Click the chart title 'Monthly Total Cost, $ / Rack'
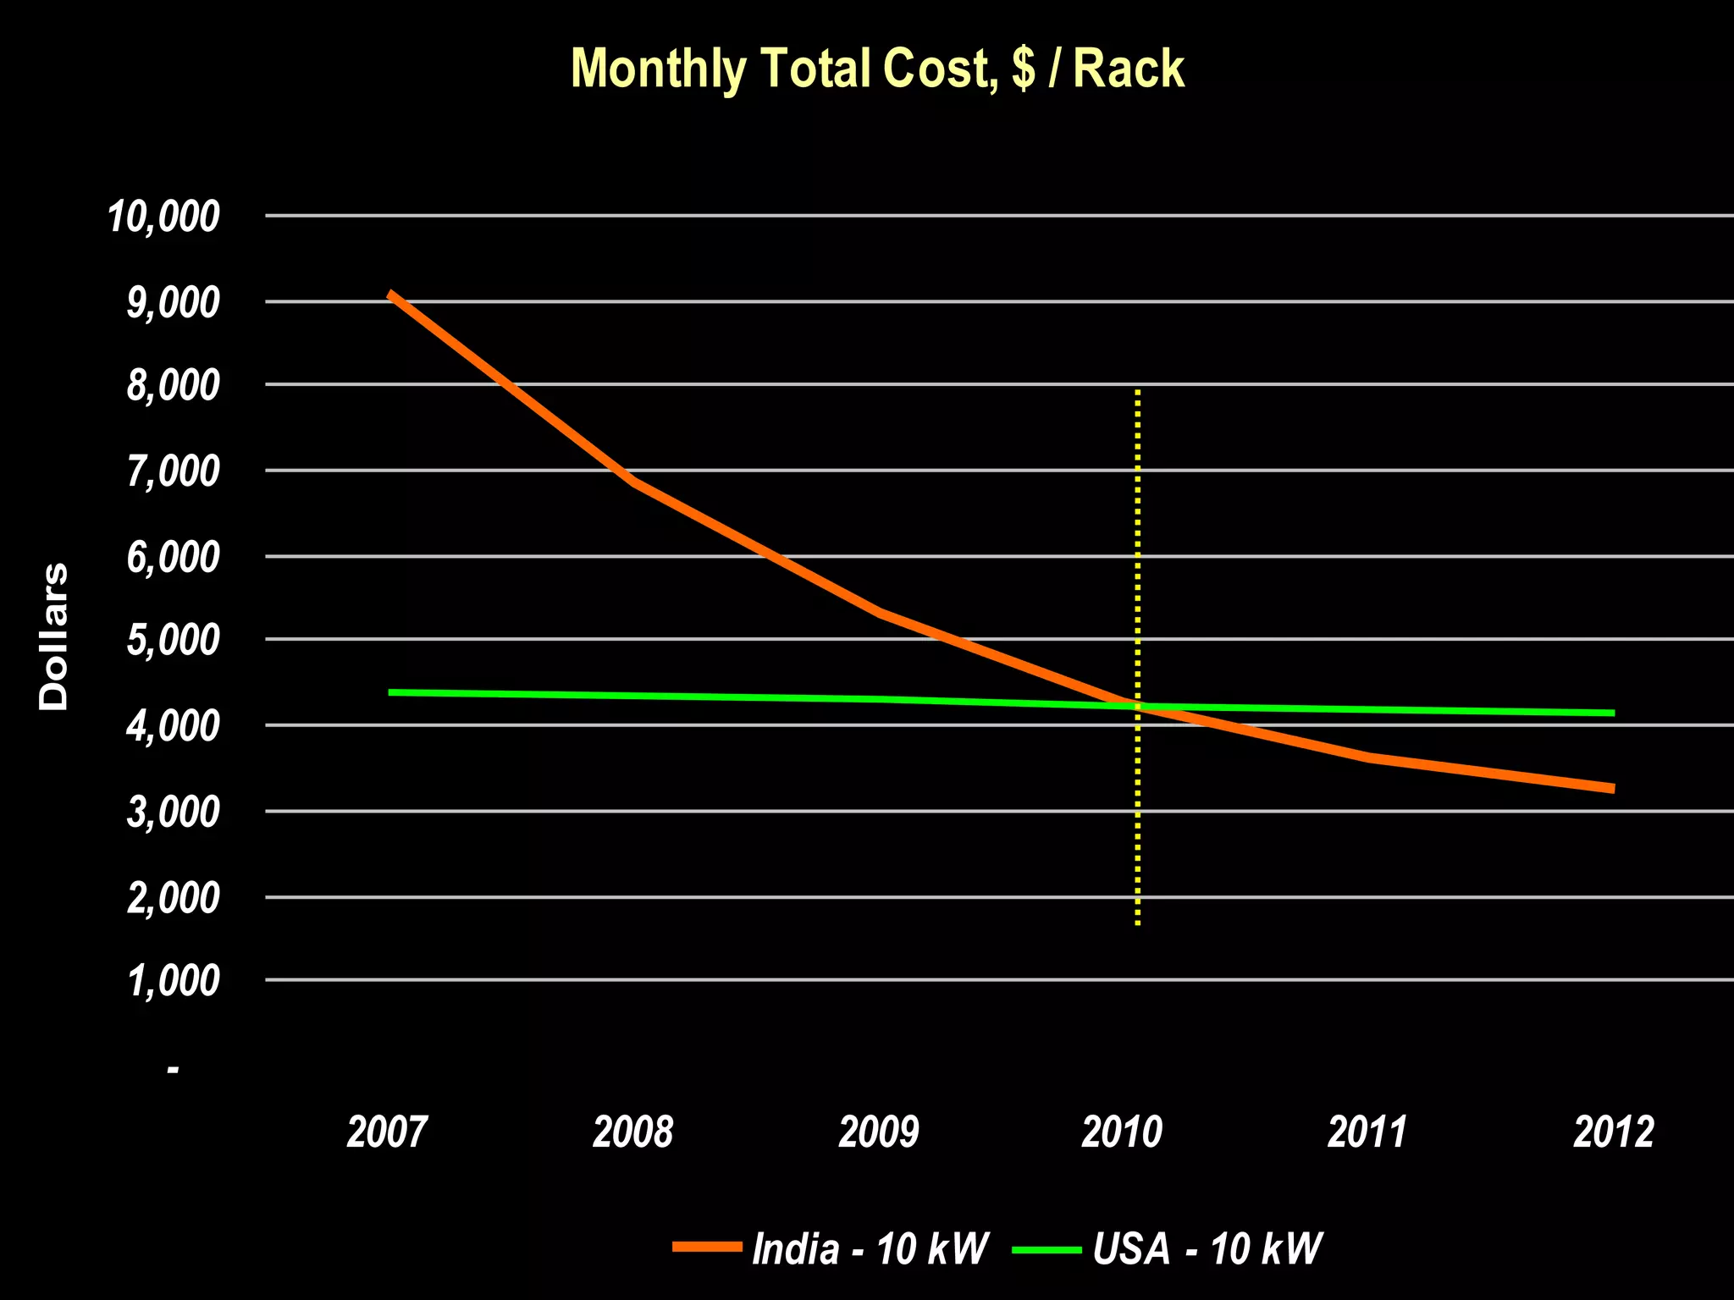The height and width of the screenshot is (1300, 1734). point(877,69)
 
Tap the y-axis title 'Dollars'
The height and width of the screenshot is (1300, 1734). point(54,636)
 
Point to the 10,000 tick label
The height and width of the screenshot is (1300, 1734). point(163,217)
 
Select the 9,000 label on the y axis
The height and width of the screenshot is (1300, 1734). point(173,302)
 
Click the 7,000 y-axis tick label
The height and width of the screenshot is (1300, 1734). point(173,471)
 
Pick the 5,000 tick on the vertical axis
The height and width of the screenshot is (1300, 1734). point(173,641)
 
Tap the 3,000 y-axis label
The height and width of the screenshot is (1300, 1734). point(173,812)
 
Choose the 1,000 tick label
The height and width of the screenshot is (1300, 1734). point(173,982)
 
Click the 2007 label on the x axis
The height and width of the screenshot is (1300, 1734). point(388,1132)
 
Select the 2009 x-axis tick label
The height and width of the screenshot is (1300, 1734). point(878,1132)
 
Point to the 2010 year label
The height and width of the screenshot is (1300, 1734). point(1123,1132)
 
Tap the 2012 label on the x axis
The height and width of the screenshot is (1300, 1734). point(1613,1132)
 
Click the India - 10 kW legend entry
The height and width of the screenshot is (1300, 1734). point(870,1248)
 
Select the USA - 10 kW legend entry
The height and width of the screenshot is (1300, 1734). point(1207,1248)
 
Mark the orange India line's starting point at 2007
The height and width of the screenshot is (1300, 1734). point(389,294)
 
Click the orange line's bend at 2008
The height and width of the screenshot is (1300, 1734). point(633,482)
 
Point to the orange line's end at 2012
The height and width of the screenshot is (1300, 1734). point(1613,789)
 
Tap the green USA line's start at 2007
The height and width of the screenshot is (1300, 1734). point(389,692)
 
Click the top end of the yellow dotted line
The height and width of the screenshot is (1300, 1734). point(1138,392)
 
